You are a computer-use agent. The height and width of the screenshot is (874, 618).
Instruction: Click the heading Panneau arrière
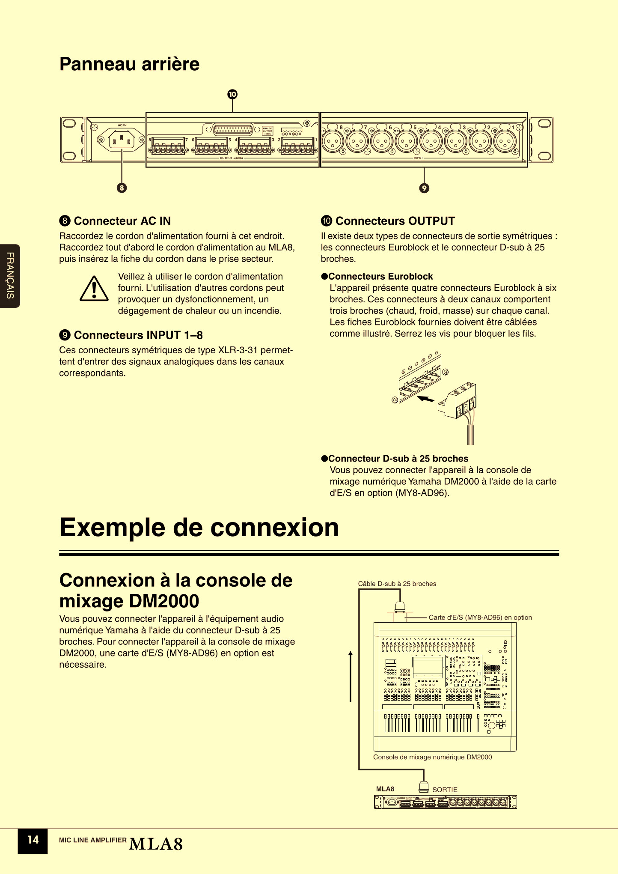point(129,64)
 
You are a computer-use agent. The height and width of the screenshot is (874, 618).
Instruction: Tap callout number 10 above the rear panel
point(232,94)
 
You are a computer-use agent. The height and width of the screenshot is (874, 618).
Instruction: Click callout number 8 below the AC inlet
point(122,188)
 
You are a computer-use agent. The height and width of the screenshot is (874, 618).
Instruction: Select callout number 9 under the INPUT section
point(424,188)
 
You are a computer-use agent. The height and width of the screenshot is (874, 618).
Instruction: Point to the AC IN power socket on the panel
point(122,140)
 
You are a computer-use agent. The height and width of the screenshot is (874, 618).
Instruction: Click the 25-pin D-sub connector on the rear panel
point(232,129)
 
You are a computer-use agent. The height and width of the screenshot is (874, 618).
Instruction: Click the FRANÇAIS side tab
point(10,276)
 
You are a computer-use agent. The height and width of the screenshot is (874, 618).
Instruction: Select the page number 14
point(33,840)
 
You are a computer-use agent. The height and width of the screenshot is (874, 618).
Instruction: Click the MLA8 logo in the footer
point(156,844)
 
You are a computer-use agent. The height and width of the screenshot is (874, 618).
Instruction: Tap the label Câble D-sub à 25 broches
point(397,584)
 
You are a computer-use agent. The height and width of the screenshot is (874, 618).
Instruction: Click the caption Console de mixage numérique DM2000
point(432,757)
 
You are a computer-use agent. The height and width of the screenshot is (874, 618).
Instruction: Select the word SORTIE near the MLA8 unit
point(445,790)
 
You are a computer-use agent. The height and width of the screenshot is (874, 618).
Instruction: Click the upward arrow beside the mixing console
point(351,677)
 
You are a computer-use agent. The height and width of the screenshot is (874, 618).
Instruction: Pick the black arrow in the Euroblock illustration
point(425,399)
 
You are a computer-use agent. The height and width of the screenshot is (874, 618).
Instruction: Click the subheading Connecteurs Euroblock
point(380,277)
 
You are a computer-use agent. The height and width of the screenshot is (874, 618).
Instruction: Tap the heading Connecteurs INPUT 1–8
point(138,335)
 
